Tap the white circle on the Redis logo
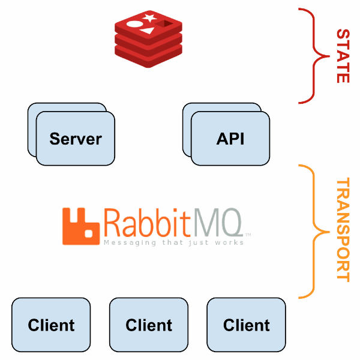pos(135,25)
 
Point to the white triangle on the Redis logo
pos(149,30)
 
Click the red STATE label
pos(342,55)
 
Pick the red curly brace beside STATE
pos(312,55)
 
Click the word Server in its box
pos(76,139)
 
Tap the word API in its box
pos(230,139)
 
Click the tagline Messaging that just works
pos(173,243)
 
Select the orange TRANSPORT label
pos(342,230)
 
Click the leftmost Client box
pos(51,325)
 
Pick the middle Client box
pos(149,325)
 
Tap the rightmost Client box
pos(246,325)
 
